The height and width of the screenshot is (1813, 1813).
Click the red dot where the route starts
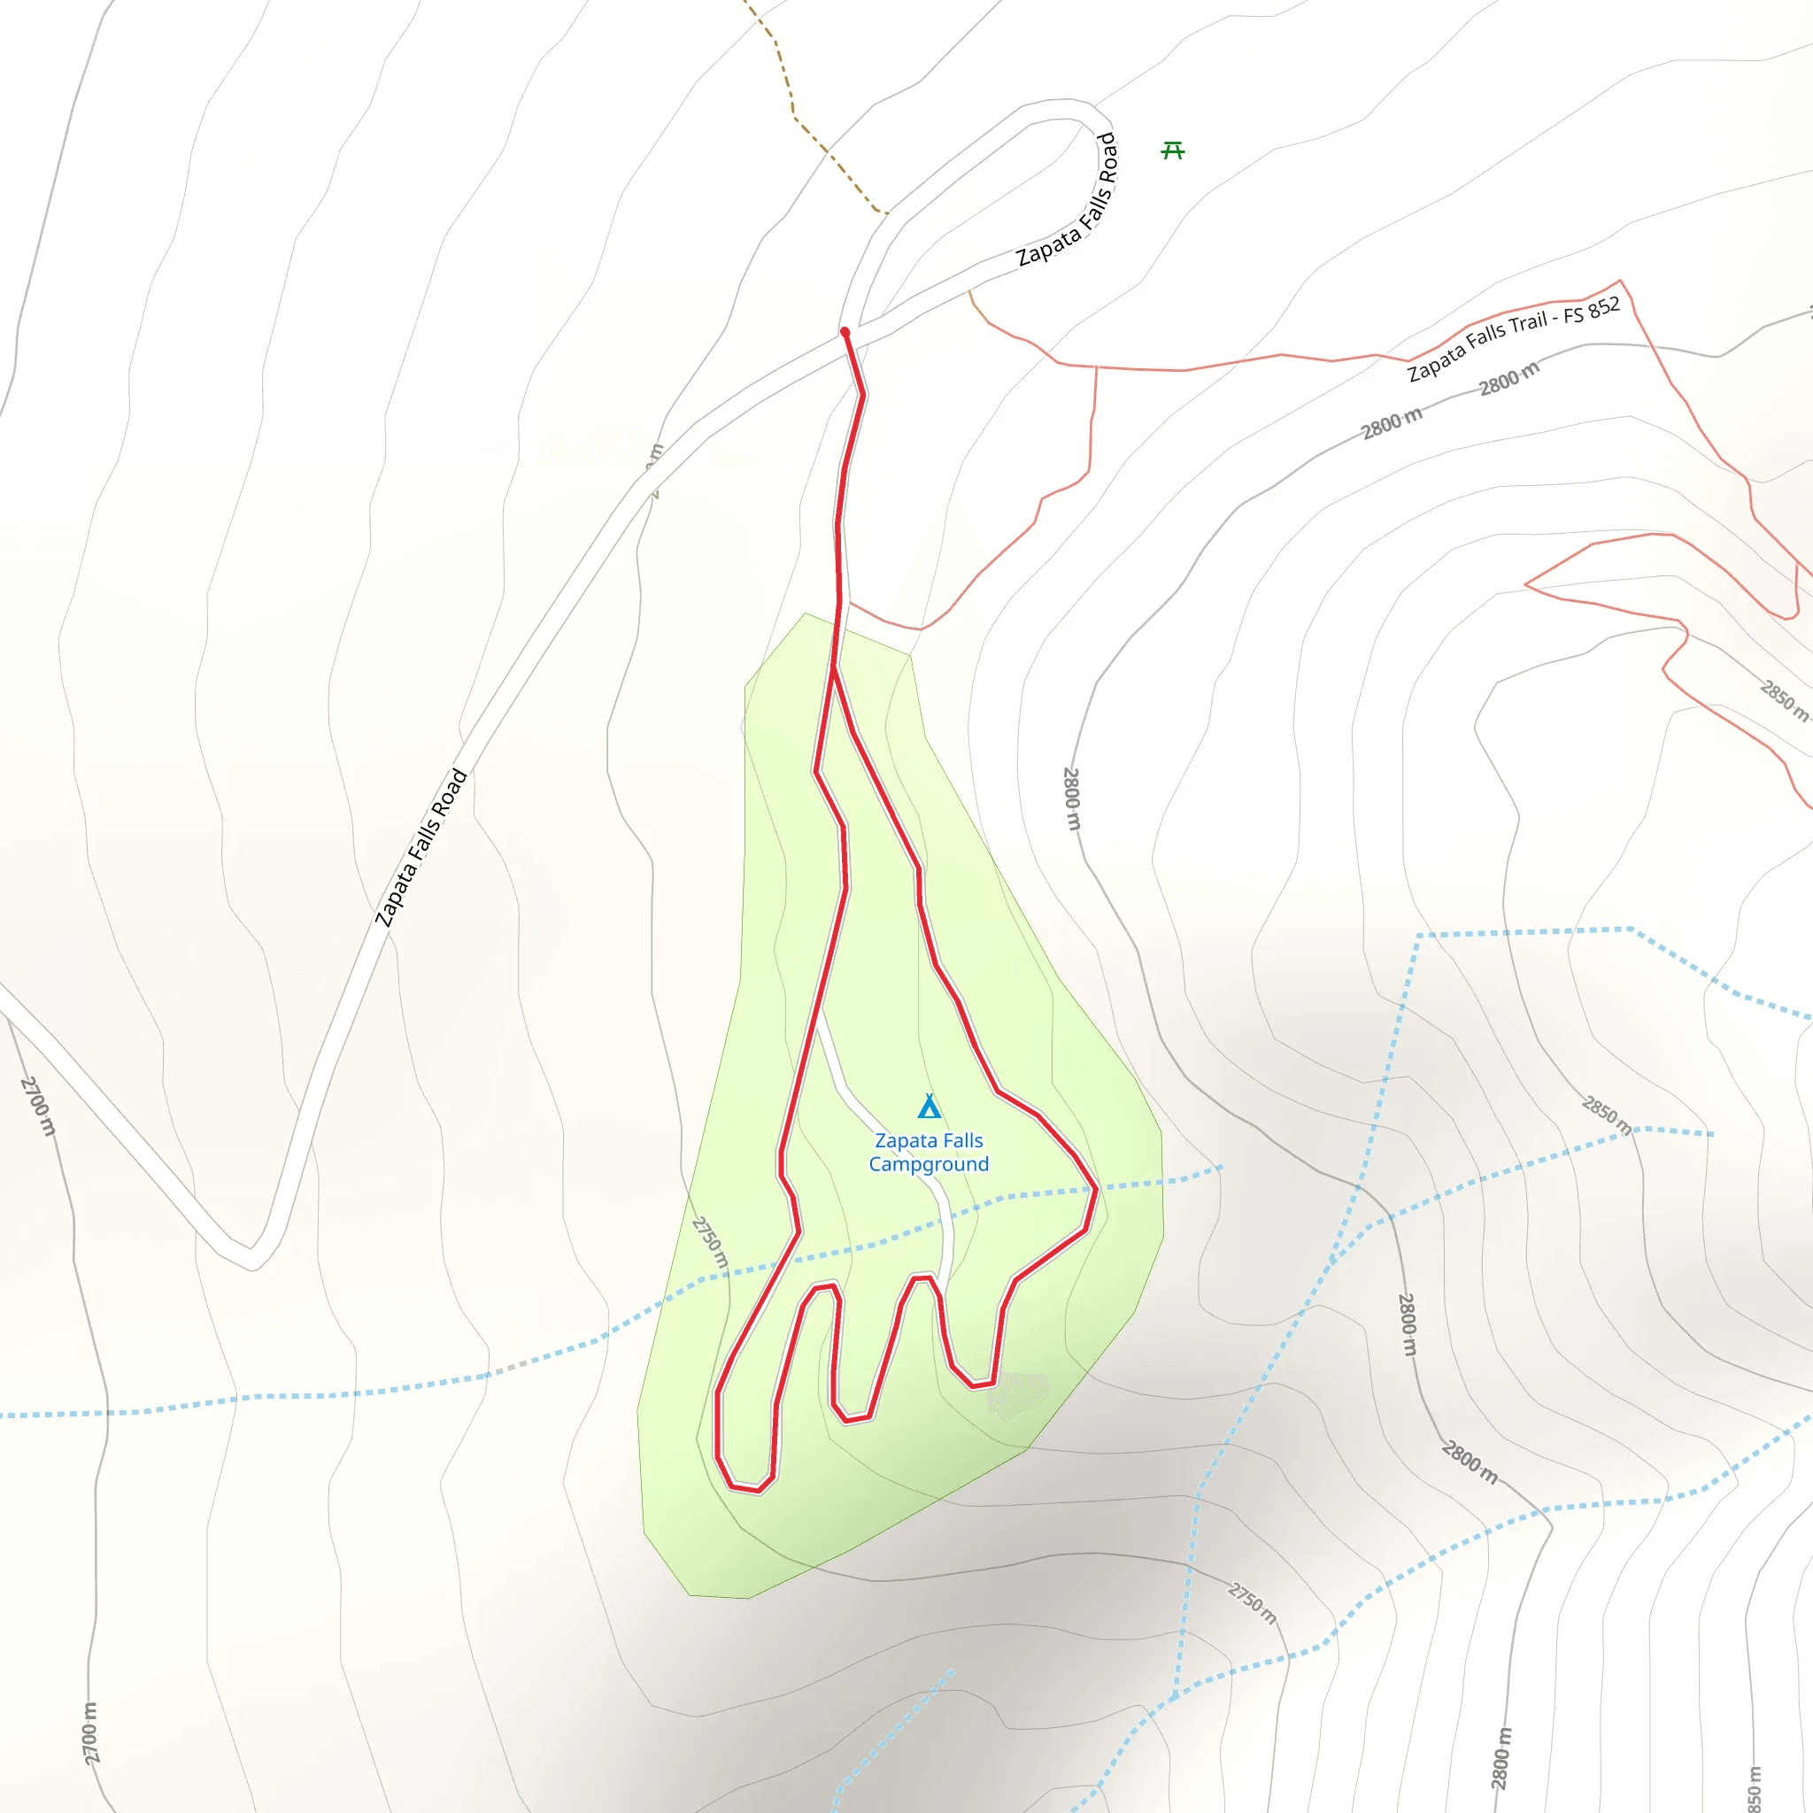845,332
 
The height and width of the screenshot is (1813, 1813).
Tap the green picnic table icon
1173,150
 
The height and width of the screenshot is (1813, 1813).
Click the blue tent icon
929,1107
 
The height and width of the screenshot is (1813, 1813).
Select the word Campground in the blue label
928,1165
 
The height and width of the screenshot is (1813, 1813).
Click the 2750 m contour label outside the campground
1252,1604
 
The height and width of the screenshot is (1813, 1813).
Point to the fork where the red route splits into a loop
833,668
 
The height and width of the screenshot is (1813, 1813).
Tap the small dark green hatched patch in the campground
1018,1395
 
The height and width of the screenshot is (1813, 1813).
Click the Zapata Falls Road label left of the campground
420,847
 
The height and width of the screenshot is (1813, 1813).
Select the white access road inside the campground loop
882,1126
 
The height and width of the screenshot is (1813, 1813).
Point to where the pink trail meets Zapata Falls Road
969,292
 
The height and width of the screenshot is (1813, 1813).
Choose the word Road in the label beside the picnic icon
1108,158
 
